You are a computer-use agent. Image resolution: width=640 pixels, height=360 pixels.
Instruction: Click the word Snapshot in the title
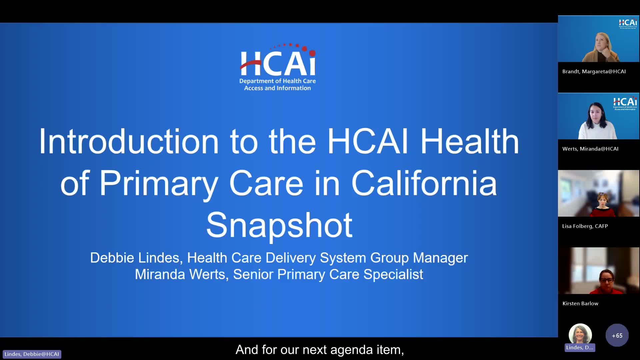tap(279, 225)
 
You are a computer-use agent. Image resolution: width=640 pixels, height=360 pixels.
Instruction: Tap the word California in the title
tap(424, 183)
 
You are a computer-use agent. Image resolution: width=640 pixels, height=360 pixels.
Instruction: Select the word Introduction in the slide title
tap(129, 141)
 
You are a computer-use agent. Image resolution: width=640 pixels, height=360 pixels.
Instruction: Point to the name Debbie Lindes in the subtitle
tap(135, 258)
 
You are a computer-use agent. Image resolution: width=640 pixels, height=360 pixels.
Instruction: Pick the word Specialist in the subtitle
tap(393, 274)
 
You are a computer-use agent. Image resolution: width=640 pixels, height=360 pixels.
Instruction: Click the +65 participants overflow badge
tap(617, 335)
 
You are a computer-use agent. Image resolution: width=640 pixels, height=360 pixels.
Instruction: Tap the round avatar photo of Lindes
tap(580, 334)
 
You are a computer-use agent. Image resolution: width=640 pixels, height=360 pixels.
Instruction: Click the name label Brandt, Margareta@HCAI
tap(594, 71)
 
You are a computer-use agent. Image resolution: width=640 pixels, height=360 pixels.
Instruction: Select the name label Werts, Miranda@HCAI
tap(590, 149)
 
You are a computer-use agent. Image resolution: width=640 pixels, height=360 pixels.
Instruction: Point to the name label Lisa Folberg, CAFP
tap(585, 226)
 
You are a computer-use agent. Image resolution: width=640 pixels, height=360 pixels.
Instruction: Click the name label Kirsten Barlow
tap(580, 303)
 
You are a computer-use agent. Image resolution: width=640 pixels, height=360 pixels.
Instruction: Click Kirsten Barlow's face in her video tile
tap(606, 279)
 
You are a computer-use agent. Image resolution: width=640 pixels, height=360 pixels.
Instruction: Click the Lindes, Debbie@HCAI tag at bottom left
tap(32, 354)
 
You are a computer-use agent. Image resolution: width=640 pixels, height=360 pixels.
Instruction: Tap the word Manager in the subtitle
tap(440, 258)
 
